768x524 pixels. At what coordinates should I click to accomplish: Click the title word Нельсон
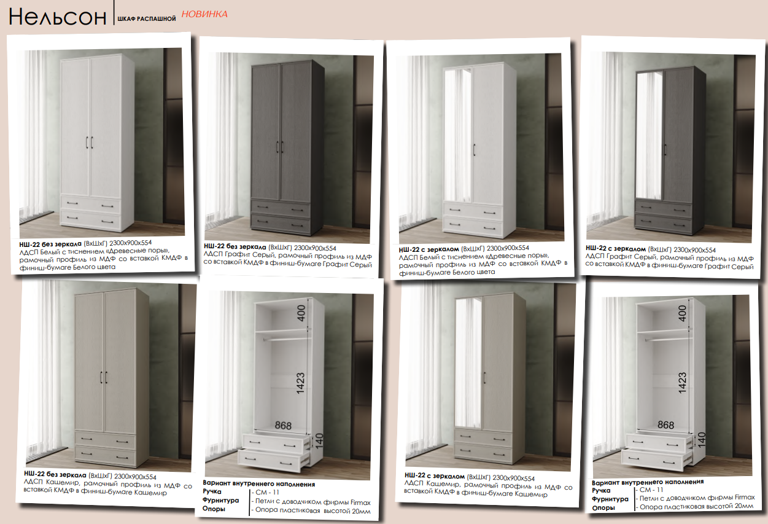tap(57, 17)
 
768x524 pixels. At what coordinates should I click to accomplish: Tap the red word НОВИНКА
tap(204, 14)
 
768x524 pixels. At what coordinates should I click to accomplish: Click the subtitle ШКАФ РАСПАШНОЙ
tap(146, 19)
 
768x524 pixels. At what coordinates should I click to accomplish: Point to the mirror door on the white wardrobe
tap(458, 136)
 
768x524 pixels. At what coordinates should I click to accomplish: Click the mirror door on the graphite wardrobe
tap(649, 136)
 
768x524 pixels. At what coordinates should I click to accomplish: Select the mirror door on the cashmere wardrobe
tap(468, 362)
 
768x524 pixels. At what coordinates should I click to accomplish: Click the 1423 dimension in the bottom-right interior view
tap(682, 383)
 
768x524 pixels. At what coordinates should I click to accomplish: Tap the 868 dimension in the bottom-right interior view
tap(666, 425)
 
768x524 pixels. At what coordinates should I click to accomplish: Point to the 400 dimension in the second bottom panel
tap(301, 313)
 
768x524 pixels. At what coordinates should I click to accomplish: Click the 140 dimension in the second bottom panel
tap(319, 441)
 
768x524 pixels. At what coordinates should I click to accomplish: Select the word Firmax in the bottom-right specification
tap(745, 497)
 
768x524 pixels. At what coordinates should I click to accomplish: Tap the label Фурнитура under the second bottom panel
tap(220, 500)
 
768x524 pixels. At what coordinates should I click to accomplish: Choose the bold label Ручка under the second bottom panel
tap(212, 491)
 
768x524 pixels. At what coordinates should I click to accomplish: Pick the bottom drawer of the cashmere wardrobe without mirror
tap(105, 456)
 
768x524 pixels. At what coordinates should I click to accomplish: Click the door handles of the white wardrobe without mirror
tap(90, 143)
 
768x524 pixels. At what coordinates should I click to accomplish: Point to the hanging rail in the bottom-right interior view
tap(667, 339)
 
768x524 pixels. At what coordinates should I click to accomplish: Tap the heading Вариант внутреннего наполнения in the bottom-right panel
tap(648, 482)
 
